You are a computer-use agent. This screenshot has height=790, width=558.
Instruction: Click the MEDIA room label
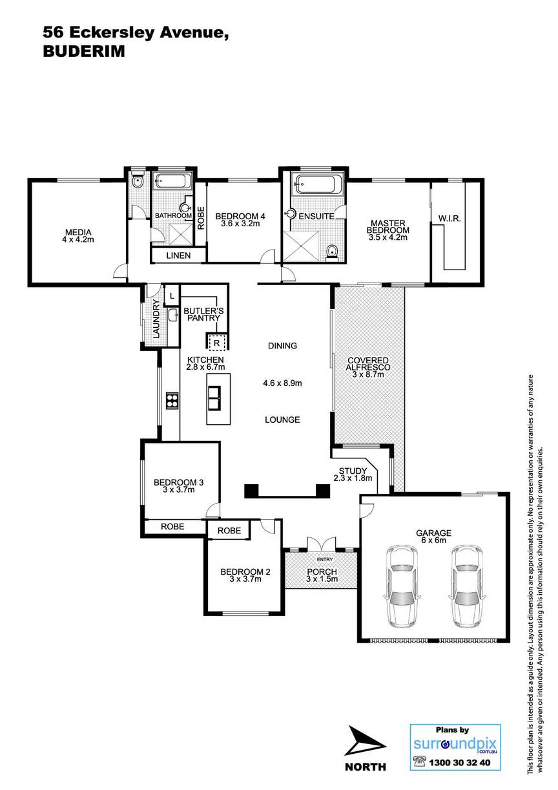tap(78, 233)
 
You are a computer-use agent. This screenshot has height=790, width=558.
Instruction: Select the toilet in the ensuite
tap(332, 253)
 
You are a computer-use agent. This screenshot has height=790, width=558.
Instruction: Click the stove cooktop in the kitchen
tap(172, 401)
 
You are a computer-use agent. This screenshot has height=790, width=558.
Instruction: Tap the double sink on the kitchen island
tap(214, 398)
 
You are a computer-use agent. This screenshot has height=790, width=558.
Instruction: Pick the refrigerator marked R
tap(216, 343)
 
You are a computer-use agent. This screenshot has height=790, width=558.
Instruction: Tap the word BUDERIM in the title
tap(84, 52)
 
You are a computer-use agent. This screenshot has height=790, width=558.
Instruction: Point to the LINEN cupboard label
tap(178, 255)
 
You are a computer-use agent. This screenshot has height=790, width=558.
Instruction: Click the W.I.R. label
tap(449, 219)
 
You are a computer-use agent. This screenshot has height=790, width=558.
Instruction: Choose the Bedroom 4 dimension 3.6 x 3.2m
tap(240, 224)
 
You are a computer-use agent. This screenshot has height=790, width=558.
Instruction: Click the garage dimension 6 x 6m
tap(433, 540)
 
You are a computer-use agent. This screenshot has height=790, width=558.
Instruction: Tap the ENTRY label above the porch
tap(324, 559)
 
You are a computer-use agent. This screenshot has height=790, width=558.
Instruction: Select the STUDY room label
tap(353, 471)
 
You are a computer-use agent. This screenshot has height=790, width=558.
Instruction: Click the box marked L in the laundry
tap(172, 296)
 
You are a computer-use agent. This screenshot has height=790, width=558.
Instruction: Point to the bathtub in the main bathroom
tap(172, 181)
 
